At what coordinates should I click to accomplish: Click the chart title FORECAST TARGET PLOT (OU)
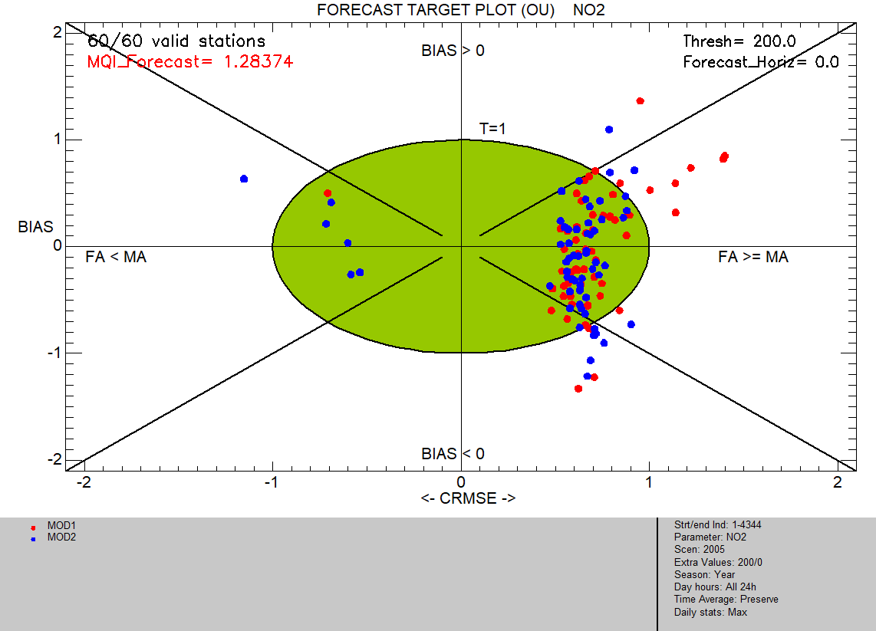click(x=436, y=10)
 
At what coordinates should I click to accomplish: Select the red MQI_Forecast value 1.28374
click(x=258, y=61)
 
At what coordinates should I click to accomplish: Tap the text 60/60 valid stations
click(x=176, y=41)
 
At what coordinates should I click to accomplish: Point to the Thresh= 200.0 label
click(x=739, y=41)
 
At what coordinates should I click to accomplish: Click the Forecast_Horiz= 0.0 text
click(x=761, y=62)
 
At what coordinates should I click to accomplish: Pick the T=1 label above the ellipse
click(x=492, y=129)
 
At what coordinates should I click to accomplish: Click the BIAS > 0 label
click(x=453, y=51)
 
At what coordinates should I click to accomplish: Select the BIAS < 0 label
click(x=453, y=454)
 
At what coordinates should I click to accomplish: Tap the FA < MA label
click(x=116, y=257)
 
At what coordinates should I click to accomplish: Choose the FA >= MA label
click(x=753, y=257)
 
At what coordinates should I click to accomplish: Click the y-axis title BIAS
click(x=36, y=227)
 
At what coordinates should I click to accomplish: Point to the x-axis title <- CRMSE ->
click(x=468, y=498)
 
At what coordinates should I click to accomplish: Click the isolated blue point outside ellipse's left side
click(x=244, y=179)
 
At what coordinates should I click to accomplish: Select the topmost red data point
click(x=641, y=101)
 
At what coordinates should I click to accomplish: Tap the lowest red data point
click(x=578, y=389)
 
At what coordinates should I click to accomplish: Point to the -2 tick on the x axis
click(x=84, y=482)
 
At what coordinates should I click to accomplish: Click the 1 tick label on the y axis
click(x=58, y=139)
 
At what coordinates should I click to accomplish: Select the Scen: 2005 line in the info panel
click(x=699, y=550)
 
